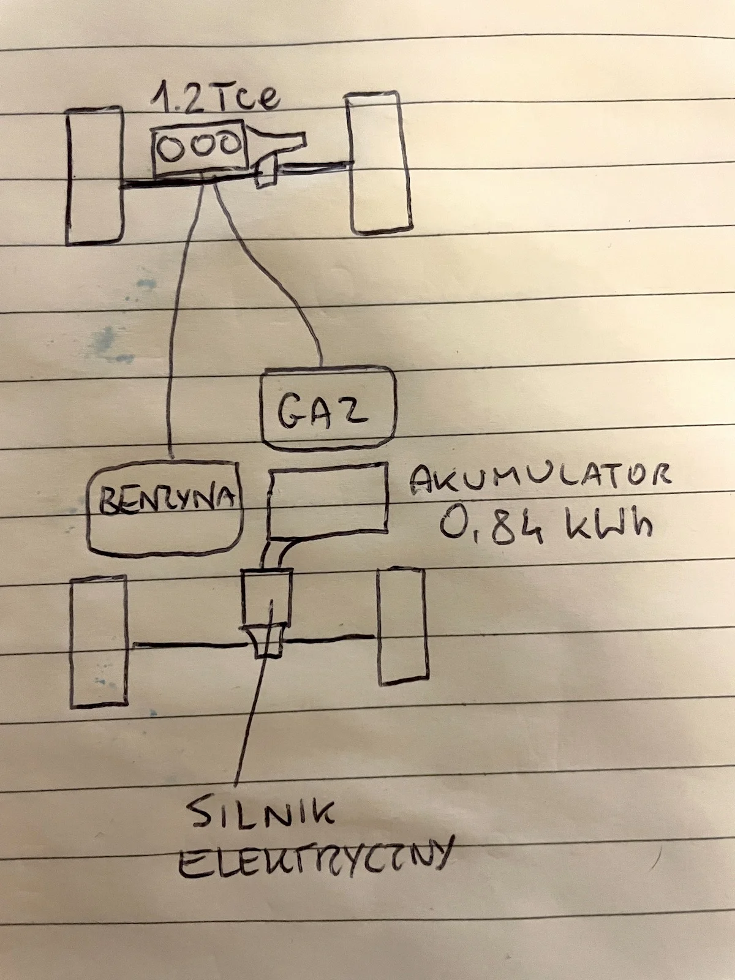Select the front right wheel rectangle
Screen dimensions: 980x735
(379, 163)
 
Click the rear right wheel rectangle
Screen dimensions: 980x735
(402, 626)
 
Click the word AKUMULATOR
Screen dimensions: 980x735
(539, 478)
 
